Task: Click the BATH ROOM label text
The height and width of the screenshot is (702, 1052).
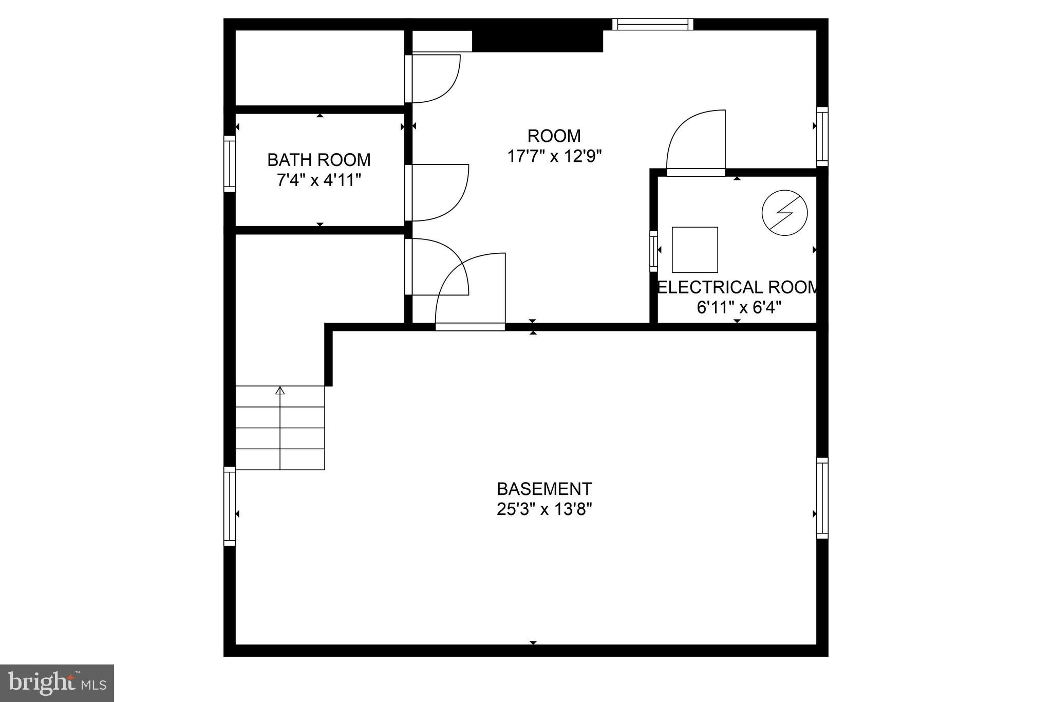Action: coord(318,160)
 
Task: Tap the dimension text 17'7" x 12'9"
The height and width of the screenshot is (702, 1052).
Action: coord(554,156)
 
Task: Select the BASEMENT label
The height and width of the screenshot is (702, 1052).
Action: coord(544,488)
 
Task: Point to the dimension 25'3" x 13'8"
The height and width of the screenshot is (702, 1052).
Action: coord(544,509)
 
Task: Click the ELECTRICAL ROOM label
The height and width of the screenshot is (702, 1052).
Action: coord(738,287)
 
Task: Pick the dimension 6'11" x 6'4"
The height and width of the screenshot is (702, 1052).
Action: coord(739,307)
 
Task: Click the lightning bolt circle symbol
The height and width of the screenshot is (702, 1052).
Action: coord(784,213)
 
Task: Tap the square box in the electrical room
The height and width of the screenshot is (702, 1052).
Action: coord(694,250)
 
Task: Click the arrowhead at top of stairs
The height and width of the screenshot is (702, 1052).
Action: coord(280,391)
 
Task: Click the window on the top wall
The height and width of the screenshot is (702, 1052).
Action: coord(652,24)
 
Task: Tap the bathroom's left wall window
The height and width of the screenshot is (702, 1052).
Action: coord(230,164)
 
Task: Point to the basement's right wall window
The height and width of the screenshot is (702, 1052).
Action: coord(822,498)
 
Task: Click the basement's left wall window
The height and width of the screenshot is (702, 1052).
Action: coord(230,506)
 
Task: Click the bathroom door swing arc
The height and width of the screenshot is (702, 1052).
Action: coord(442,193)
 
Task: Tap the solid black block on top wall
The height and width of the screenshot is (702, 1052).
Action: coord(537,41)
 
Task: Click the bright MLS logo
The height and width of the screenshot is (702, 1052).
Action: coord(57,683)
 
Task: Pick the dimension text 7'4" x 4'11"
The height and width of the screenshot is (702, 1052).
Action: coord(318,180)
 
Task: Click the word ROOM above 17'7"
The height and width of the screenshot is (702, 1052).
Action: coord(554,136)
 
